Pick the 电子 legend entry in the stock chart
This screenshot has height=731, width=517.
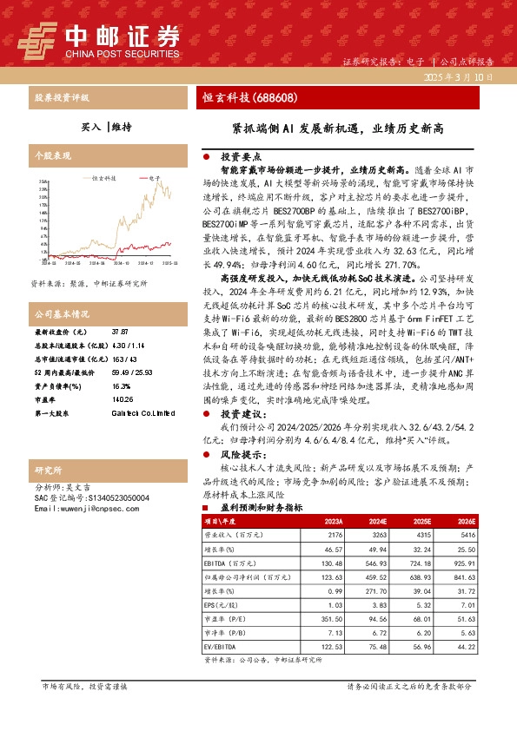point(154,178)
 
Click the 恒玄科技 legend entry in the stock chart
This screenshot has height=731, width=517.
point(103,178)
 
